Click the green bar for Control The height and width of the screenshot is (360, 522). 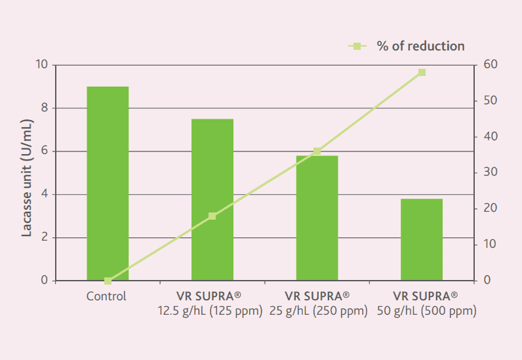pyautogui.click(x=108, y=184)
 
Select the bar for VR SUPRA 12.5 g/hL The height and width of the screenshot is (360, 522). pyautogui.click(x=212, y=199)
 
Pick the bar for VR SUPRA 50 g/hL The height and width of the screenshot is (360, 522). pyautogui.click(x=422, y=239)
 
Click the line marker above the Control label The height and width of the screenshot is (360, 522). pyautogui.click(x=108, y=281)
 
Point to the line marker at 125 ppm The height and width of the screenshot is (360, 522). pyautogui.click(x=212, y=216)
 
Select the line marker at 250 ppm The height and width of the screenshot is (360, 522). pyautogui.click(x=317, y=151)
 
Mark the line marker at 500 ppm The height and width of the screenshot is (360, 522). pyautogui.click(x=422, y=72)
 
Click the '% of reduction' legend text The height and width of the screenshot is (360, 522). pyautogui.click(x=420, y=46)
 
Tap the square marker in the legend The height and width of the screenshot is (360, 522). pyautogui.click(x=357, y=46)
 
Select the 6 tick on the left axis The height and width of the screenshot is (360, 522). pyautogui.click(x=45, y=151)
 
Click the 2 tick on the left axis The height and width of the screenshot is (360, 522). pyautogui.click(x=45, y=237)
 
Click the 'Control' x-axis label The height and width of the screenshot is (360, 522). pyautogui.click(x=106, y=296)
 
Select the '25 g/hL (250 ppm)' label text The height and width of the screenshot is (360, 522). pyautogui.click(x=317, y=310)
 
